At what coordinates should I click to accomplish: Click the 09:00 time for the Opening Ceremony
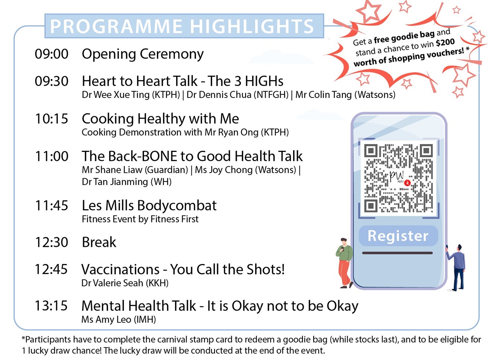(x=51, y=54)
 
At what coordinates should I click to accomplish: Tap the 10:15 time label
(x=51, y=119)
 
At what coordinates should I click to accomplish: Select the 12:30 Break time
(x=51, y=242)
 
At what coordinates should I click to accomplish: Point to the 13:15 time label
(x=51, y=306)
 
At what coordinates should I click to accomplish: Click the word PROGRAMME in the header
(x=116, y=26)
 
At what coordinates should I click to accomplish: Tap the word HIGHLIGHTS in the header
(x=252, y=26)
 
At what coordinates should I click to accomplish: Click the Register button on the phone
(x=398, y=236)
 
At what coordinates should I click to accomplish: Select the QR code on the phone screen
(x=399, y=178)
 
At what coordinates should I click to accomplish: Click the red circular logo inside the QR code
(x=408, y=182)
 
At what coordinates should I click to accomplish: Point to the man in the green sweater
(x=345, y=263)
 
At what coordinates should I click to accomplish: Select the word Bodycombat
(x=177, y=206)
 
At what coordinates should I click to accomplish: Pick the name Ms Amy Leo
(x=106, y=319)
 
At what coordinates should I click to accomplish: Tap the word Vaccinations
(x=120, y=270)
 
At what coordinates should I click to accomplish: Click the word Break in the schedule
(x=99, y=242)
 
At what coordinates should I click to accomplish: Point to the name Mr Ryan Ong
(x=232, y=133)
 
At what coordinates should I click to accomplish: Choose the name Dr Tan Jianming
(x=115, y=182)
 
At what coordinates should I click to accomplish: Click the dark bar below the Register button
(x=397, y=253)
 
